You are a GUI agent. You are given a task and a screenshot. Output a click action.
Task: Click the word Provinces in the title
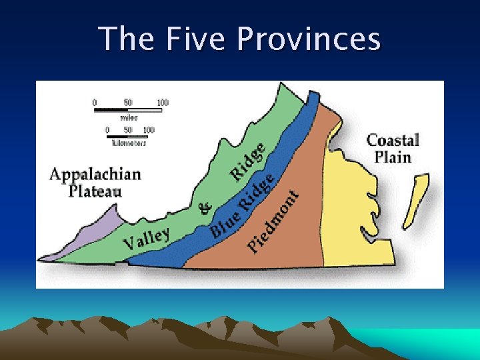pos(309,39)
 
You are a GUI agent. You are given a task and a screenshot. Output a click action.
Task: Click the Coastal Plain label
pos(393,148)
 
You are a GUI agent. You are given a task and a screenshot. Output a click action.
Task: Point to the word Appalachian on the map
pos(95,175)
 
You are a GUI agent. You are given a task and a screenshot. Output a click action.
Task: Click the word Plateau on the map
pos(95,191)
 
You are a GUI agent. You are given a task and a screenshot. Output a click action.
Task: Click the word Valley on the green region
pos(146,239)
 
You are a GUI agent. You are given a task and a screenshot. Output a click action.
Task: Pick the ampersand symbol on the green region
pos(206,209)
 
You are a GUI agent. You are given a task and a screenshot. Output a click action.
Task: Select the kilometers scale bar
pos(127,137)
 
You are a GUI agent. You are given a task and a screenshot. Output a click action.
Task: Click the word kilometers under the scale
pos(127,143)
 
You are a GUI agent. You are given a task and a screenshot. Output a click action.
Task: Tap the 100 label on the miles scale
pos(162,103)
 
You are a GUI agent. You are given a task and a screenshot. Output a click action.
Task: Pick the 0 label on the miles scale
pos(95,103)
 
